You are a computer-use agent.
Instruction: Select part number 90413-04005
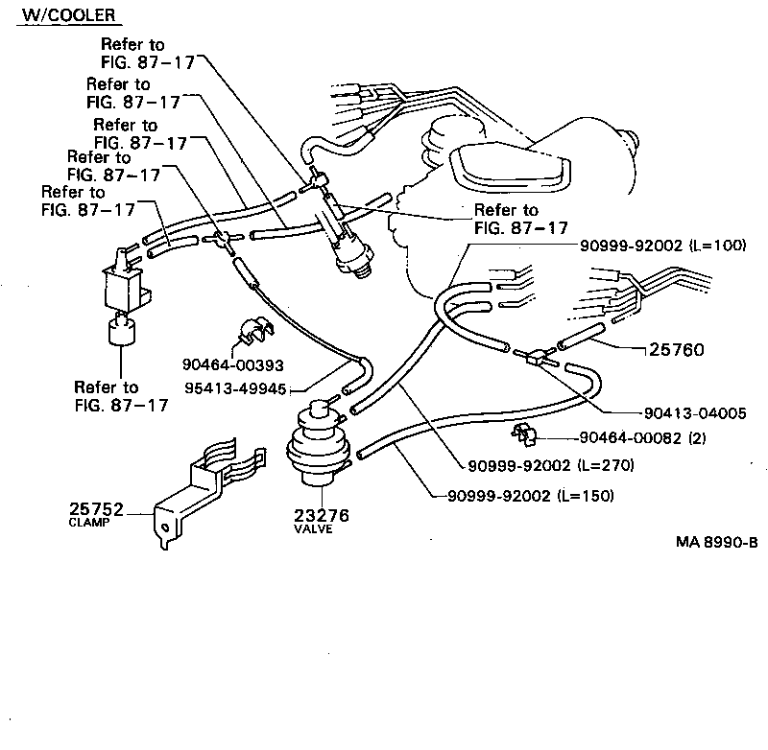click(695, 413)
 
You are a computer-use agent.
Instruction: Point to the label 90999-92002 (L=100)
click(662, 246)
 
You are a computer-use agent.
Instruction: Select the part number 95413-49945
click(237, 389)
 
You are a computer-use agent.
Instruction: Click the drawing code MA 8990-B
click(716, 541)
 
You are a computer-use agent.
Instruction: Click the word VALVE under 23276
click(314, 529)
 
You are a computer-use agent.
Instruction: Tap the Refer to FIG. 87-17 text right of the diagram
click(519, 220)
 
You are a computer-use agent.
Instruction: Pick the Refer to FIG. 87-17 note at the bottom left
click(120, 396)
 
